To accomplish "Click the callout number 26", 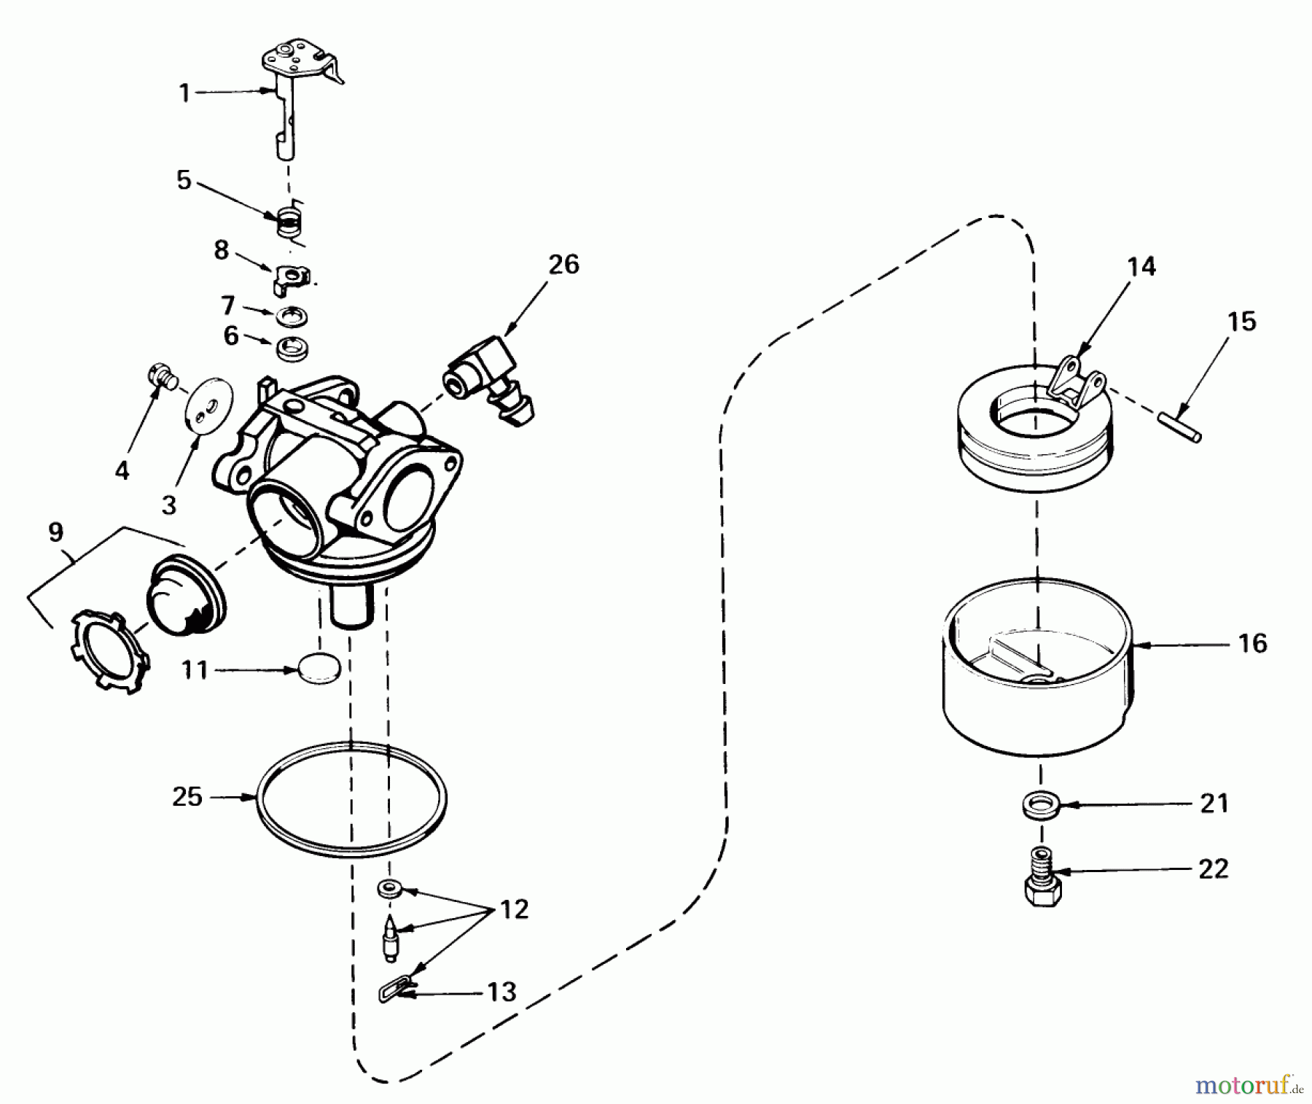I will tap(563, 265).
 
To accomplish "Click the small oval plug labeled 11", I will tap(319, 669).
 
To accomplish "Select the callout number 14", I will tap(1141, 267).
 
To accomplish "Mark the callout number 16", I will tap(1252, 643).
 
